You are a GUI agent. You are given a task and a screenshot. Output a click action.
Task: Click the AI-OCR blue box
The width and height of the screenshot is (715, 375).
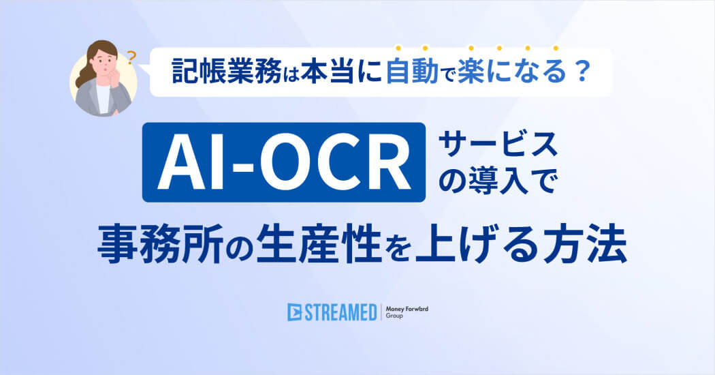point(284,162)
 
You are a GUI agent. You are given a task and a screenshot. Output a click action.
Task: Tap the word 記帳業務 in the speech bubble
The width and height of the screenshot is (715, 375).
point(226,72)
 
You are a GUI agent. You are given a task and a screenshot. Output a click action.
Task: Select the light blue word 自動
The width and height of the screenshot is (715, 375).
point(412,72)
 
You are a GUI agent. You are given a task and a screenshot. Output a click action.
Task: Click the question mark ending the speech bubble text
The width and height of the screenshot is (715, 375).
point(581,72)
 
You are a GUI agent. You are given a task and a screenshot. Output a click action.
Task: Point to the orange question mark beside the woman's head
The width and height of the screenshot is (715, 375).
point(131,58)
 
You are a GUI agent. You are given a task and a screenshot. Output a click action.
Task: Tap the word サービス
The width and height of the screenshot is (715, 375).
point(498,145)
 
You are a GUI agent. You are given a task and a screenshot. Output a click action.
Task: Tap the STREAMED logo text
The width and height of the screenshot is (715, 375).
point(340,312)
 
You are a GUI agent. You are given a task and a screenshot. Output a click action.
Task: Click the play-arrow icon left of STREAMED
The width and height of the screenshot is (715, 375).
point(295,312)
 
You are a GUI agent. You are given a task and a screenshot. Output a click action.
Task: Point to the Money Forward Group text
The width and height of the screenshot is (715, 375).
point(407,312)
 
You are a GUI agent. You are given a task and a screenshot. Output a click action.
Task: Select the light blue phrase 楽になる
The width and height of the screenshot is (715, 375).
point(512,72)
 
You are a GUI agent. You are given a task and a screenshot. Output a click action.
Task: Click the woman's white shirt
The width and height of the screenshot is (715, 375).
point(103,97)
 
